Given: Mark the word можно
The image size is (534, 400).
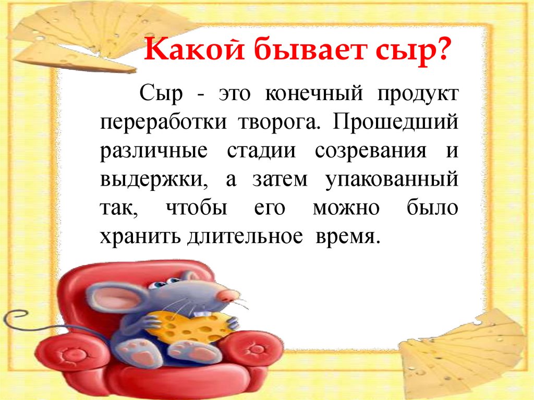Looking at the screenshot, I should click(x=346, y=208).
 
